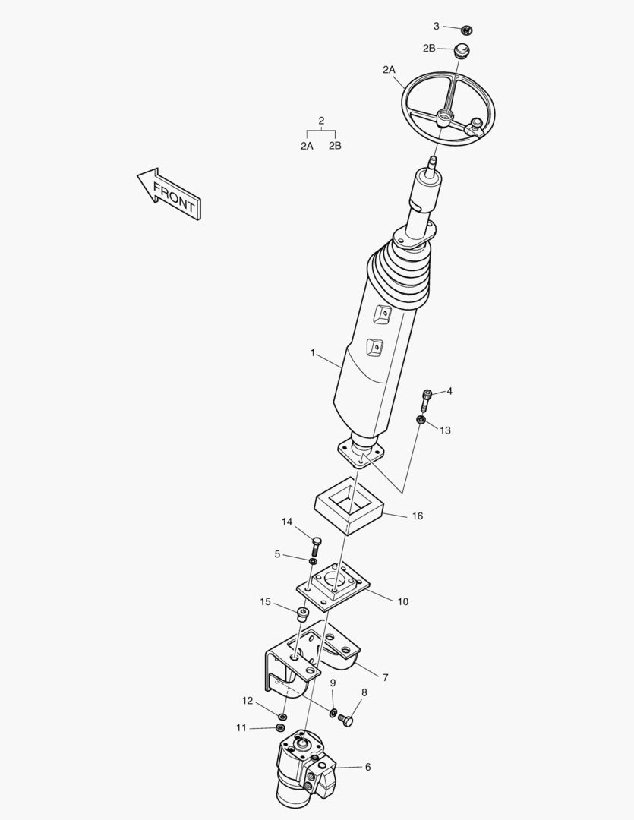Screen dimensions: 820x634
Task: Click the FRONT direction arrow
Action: [169, 194]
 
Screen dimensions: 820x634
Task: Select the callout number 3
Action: [437, 27]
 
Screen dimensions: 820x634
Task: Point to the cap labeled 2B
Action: [461, 52]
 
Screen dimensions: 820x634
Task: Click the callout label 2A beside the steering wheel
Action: [390, 70]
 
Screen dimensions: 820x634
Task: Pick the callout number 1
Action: [312, 353]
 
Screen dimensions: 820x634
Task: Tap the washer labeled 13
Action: [421, 420]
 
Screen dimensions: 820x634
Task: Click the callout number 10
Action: [403, 601]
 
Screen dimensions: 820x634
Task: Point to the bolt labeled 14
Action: [316, 545]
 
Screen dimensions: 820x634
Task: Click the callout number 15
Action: [265, 602]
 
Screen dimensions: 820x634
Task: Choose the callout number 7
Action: [385, 677]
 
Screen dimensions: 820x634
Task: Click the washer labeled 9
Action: [333, 711]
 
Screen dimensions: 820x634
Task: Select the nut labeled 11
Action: [281, 728]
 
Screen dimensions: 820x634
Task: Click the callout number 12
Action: [248, 701]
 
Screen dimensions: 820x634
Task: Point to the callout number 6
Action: [367, 768]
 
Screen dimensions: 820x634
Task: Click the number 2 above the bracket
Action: [321, 121]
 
